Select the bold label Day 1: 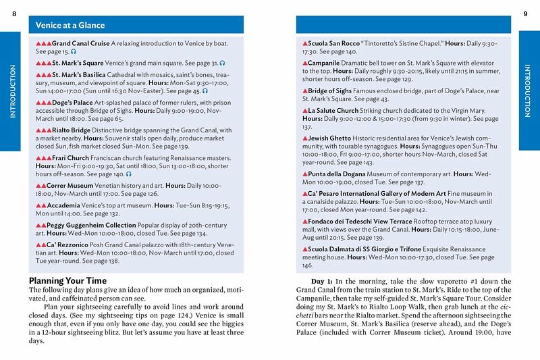[x=324, y=281]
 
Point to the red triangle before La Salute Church [x=304, y=109]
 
